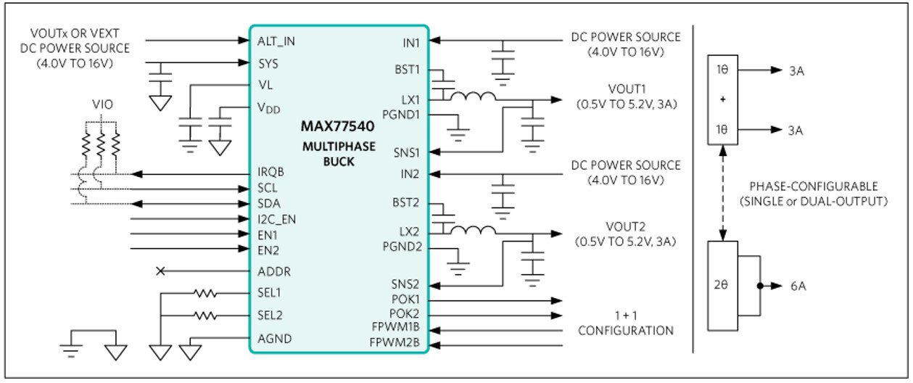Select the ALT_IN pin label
276,41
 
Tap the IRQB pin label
270,174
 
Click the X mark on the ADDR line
161,271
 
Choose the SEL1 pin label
270,293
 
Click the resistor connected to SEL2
205,316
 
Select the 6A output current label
798,286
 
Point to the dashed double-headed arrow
723,191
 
